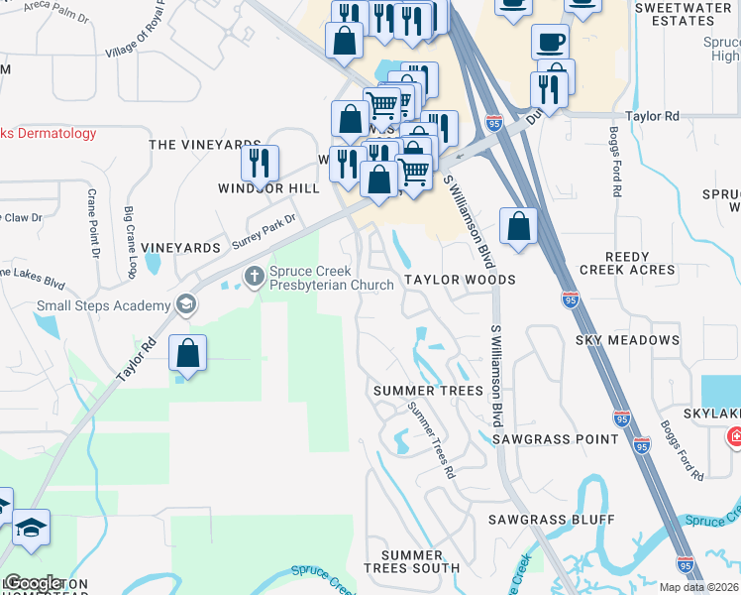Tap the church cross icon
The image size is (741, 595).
255,275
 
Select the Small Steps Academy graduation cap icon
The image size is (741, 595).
184,305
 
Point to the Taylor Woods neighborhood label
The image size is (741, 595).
459,280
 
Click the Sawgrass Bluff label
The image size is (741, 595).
551,520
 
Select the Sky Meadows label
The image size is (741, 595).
627,340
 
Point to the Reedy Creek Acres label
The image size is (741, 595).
627,262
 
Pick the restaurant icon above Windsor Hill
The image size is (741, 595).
260,162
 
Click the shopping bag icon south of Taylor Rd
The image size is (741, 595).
187,353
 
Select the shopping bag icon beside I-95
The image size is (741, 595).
518,225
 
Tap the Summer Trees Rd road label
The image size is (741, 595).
431,444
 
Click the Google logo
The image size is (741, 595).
35,583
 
